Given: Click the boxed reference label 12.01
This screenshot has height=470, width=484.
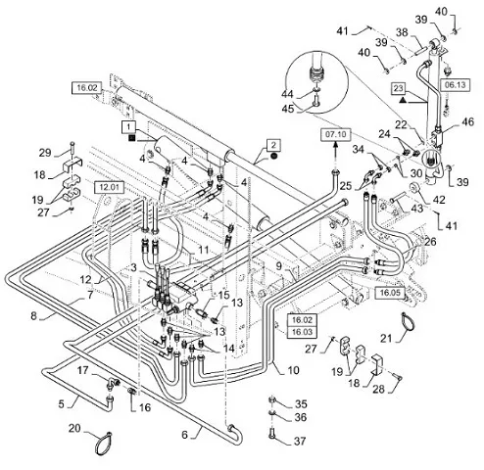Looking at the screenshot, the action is point(109,187).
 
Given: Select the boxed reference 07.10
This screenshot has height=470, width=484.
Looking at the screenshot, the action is point(336,134).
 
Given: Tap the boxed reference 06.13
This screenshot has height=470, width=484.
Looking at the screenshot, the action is point(456,85).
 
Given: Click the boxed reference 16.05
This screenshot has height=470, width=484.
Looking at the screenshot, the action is point(390,293).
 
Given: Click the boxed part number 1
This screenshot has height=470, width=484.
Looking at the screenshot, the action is point(128,126).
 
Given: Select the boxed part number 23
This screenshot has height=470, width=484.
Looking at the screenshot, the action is point(399,88).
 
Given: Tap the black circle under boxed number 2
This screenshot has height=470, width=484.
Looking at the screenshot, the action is point(273,157).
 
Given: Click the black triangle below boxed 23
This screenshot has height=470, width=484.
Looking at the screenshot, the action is point(403,100).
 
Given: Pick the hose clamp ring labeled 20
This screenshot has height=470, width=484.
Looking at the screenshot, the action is point(103,444).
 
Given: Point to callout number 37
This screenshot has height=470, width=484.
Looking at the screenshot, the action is point(300,441).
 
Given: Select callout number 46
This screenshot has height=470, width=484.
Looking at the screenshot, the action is point(467,122).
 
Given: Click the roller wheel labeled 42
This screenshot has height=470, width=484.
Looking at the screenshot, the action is point(415,187).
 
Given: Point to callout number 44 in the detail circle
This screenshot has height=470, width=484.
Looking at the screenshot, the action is point(287,94).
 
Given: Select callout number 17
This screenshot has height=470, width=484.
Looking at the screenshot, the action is point(83,370).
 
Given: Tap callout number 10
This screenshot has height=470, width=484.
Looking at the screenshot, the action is point(293,370).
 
